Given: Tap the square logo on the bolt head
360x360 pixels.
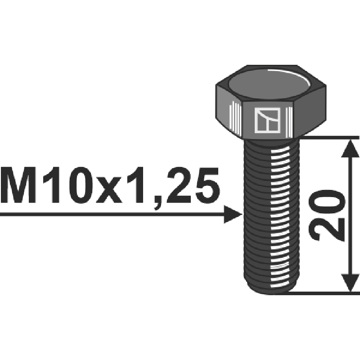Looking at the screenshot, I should (x=267, y=121).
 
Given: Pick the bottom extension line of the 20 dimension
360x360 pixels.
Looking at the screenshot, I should (x=324, y=293).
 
